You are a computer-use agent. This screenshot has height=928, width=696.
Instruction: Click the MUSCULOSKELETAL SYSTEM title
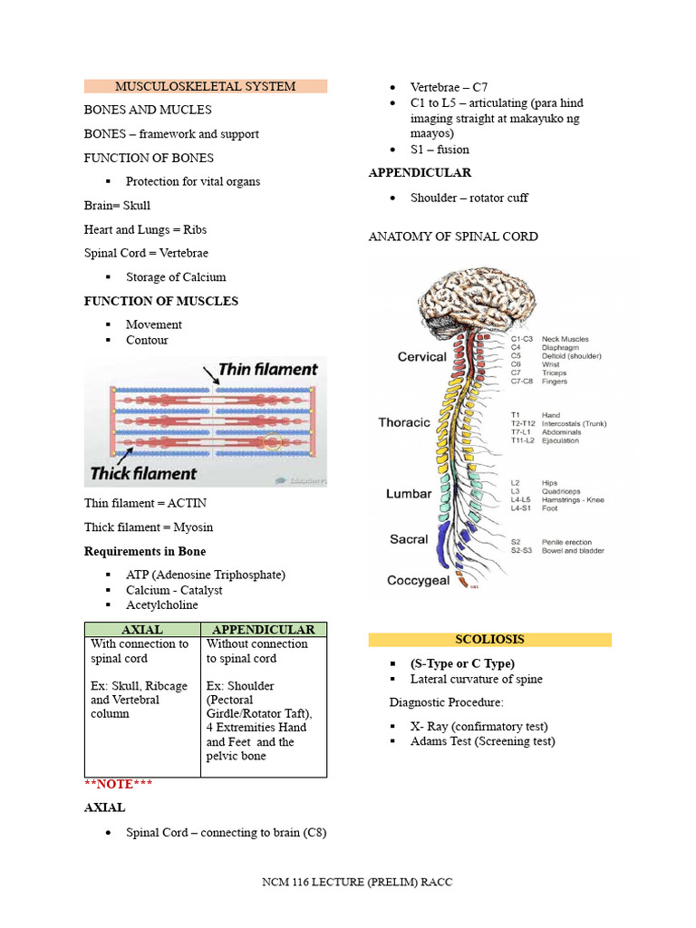[x=205, y=86]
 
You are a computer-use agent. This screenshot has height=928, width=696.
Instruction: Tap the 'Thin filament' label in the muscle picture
[x=268, y=370]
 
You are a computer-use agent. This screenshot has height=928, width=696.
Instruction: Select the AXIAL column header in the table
[x=141, y=629]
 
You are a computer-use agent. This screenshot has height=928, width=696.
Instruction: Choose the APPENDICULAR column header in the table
[x=263, y=629]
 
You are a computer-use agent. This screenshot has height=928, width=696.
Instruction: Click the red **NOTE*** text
[x=119, y=784]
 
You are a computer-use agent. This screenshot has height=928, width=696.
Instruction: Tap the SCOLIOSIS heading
[x=489, y=639]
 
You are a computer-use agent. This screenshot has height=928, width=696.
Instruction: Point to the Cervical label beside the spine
[x=421, y=357]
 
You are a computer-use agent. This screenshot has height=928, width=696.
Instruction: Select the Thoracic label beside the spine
[x=404, y=422]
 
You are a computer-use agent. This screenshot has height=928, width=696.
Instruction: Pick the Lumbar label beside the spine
[x=408, y=494]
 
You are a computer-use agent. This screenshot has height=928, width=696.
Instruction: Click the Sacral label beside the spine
[x=409, y=539]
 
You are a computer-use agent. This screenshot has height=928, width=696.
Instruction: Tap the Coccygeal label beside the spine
[x=418, y=581]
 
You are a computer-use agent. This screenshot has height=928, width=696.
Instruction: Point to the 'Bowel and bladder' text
[x=573, y=551]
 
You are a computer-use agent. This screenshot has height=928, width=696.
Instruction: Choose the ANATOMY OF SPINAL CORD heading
[x=453, y=237]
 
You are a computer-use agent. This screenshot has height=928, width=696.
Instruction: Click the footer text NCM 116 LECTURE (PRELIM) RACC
[x=357, y=882]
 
